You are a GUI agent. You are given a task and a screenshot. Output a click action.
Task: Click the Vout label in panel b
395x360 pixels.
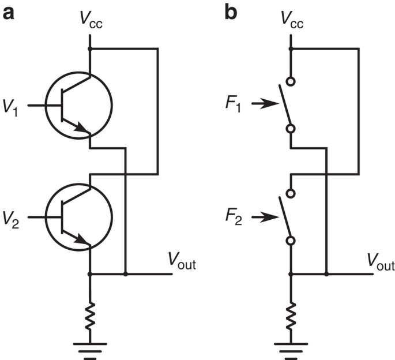pos(381,264)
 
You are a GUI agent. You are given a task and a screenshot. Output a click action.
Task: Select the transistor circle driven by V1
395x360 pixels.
pos(79,105)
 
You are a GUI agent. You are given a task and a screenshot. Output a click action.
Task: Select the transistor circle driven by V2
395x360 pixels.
pos(79,217)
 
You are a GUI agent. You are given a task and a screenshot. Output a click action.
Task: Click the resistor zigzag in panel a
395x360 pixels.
pos(90,316)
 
